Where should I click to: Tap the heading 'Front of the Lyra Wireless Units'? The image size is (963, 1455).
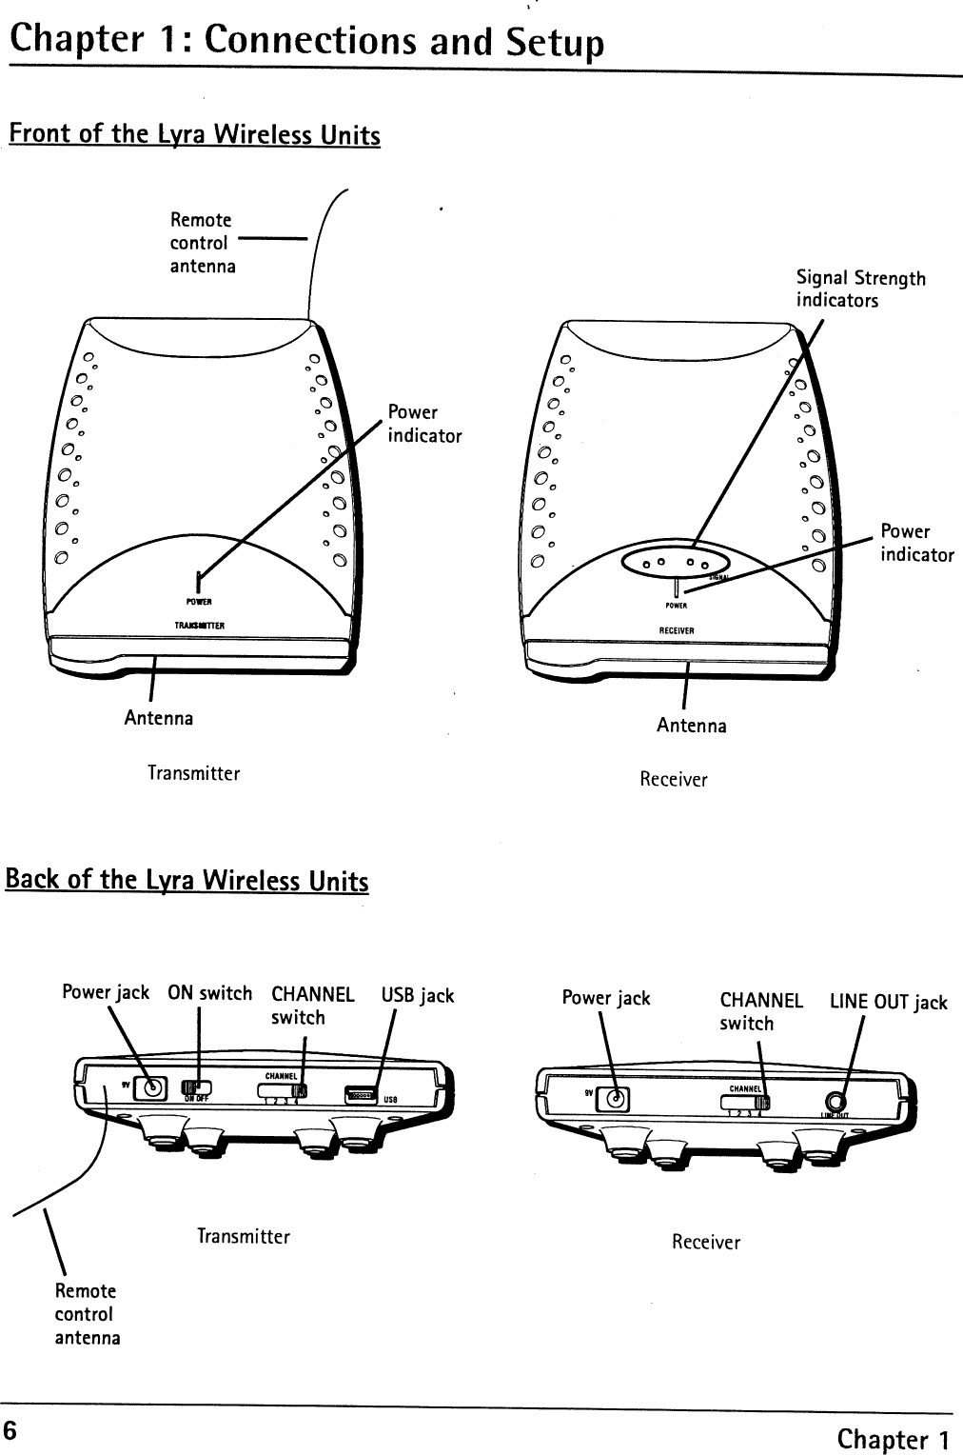(x=194, y=135)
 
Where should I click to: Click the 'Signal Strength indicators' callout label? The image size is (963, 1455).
(x=859, y=289)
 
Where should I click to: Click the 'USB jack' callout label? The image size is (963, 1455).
(x=418, y=996)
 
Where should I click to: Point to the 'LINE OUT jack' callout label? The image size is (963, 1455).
(x=888, y=1002)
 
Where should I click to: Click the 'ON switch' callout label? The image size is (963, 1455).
(x=209, y=993)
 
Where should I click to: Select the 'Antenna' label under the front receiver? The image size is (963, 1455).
(x=691, y=726)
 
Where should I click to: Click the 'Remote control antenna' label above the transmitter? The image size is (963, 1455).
(x=203, y=243)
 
